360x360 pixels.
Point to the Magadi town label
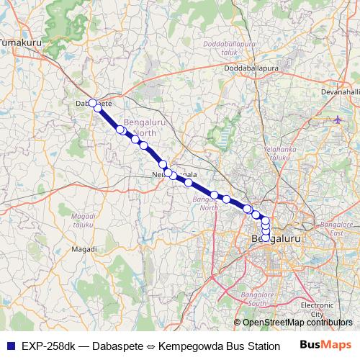84,249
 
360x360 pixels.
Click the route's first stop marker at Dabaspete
92,102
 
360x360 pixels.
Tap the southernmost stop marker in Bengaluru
266,238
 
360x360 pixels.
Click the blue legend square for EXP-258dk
9,345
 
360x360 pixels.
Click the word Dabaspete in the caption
117,346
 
